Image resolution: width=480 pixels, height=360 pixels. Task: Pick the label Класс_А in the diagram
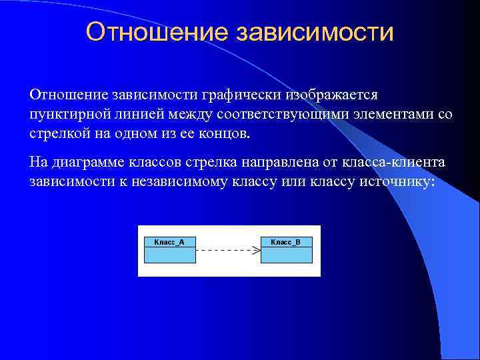tap(169, 242)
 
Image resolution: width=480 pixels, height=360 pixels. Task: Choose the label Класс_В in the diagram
tap(286, 242)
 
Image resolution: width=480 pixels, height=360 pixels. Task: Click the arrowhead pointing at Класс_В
tap(256, 251)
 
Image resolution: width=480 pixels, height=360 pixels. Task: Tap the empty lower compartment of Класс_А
tap(169, 255)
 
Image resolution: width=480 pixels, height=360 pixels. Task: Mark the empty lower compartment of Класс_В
tap(286, 255)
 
